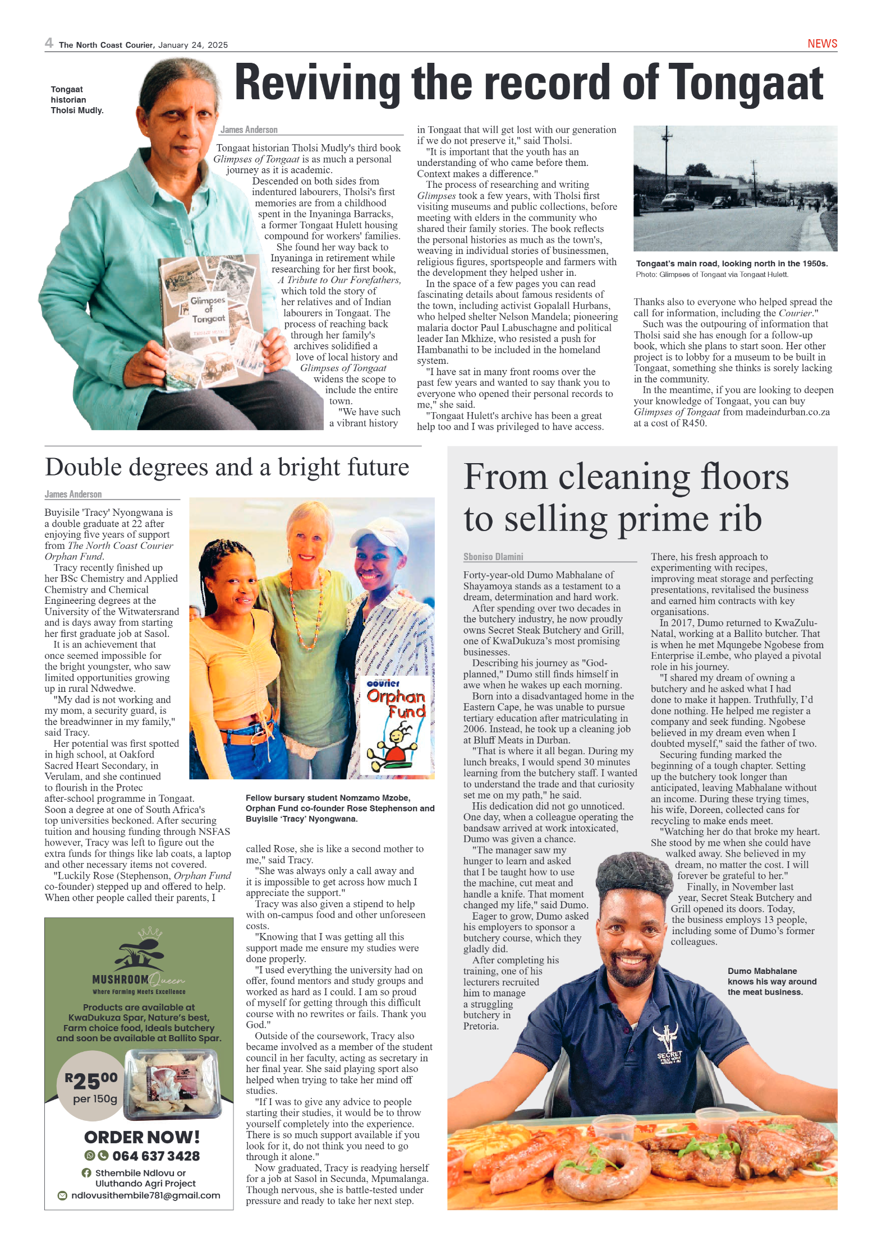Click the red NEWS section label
tap(822, 44)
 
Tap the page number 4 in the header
tap(49, 43)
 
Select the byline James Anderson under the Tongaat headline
tap(249, 130)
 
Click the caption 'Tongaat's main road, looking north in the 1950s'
tap(732, 264)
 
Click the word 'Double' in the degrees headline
tap(84, 467)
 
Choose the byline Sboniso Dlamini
tap(493, 557)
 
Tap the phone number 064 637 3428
tap(156, 1156)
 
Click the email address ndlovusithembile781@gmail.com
tap(145, 1195)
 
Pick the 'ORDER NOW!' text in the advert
tap(142, 1137)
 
